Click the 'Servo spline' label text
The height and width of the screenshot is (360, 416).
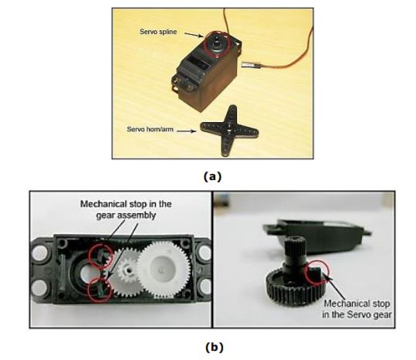pyautogui.click(x=158, y=32)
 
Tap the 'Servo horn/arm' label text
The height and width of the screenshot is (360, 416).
pyautogui.click(x=150, y=129)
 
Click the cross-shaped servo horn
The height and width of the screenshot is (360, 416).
pyautogui.click(x=229, y=131)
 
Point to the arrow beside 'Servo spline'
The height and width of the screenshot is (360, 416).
pyautogui.click(x=194, y=35)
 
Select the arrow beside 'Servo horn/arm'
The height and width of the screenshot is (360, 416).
pyautogui.click(x=187, y=131)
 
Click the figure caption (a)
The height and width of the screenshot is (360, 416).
pyautogui.click(x=212, y=177)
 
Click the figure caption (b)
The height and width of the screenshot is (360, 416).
pyautogui.click(x=215, y=347)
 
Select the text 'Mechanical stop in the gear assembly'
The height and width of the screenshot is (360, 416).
pyautogui.click(x=126, y=209)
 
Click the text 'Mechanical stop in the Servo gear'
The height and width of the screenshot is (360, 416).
pyautogui.click(x=357, y=309)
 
